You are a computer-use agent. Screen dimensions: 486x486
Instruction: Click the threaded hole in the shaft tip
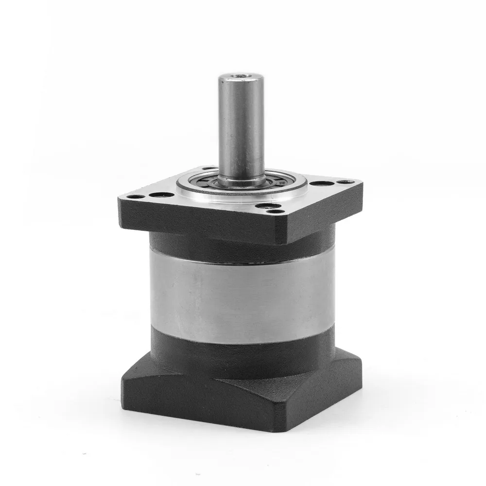(237, 77)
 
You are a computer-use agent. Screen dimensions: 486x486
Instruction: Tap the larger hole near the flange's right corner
(320, 184)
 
